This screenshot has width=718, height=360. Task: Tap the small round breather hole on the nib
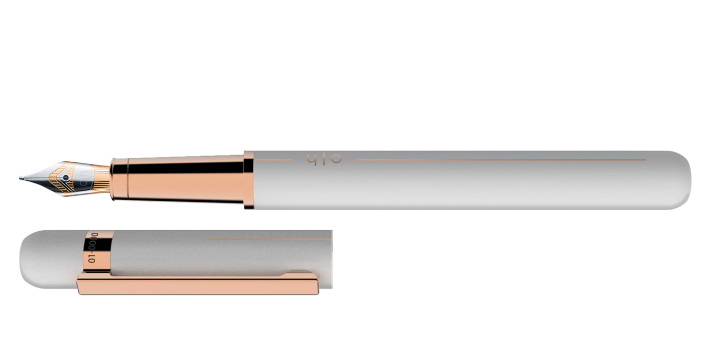65,178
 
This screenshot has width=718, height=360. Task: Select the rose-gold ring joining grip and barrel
249,180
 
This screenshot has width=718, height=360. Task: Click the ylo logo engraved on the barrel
323,159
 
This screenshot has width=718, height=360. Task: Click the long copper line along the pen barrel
499,159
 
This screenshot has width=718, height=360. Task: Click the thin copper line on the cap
268,239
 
